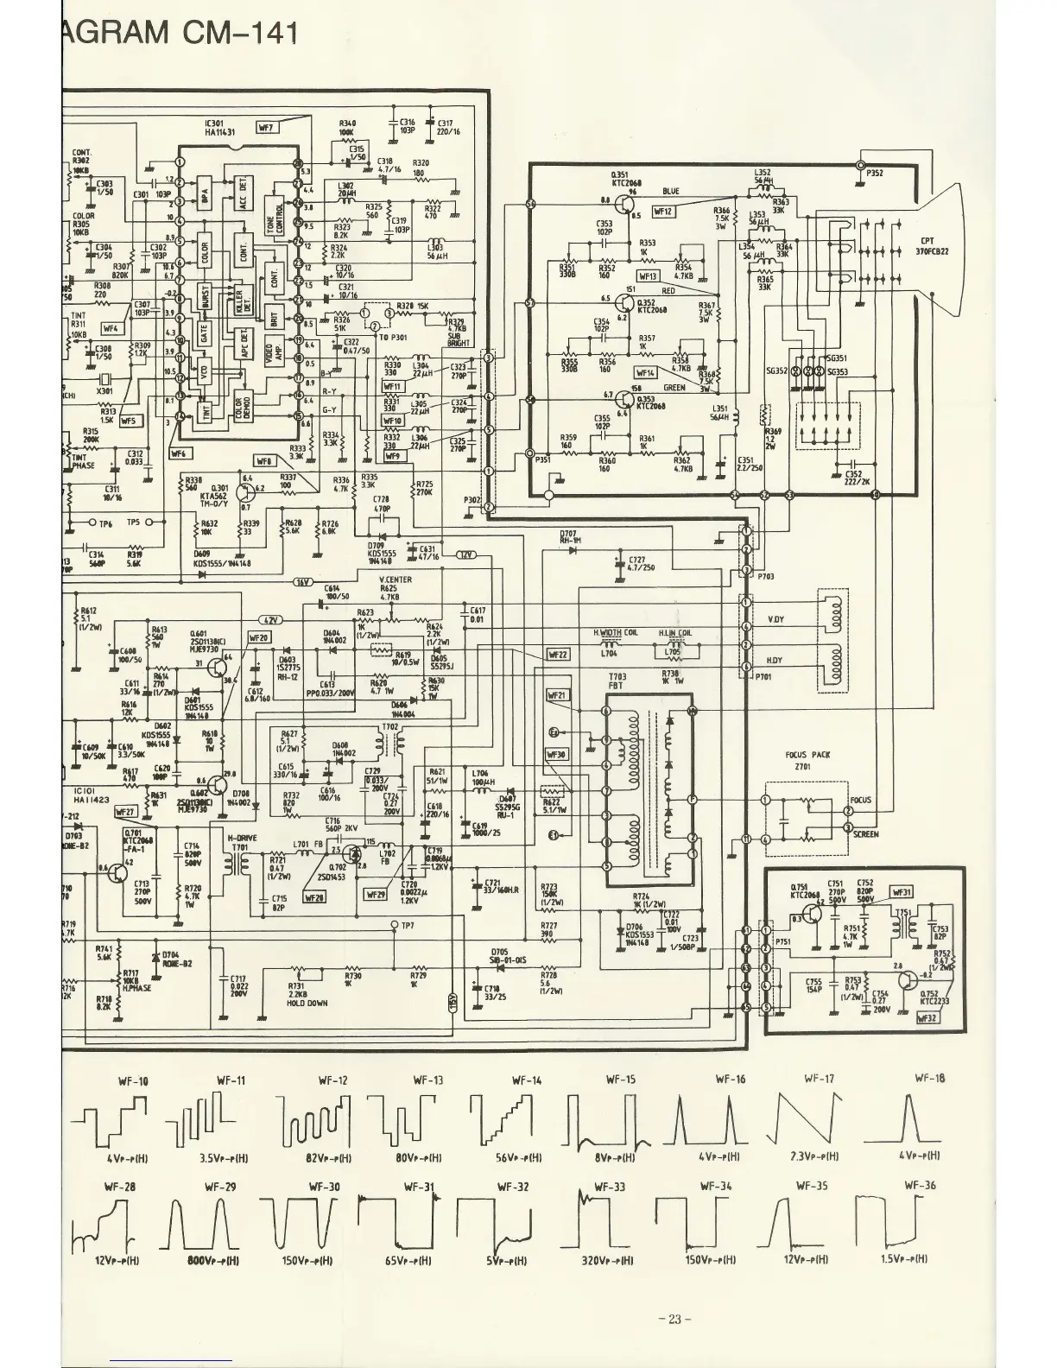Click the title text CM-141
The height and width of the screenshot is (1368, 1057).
pyautogui.click(x=241, y=33)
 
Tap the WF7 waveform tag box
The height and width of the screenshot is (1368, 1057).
pyautogui.click(x=266, y=128)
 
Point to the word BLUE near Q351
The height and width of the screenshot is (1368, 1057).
pyautogui.click(x=671, y=191)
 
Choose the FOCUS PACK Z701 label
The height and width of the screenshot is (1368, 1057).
pyautogui.click(x=807, y=760)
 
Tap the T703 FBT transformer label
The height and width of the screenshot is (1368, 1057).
pyautogui.click(x=617, y=681)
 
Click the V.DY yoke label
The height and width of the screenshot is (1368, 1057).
pyautogui.click(x=775, y=620)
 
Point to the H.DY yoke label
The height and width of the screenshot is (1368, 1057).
pyautogui.click(x=775, y=661)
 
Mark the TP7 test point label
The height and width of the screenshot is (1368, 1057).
pyautogui.click(x=408, y=926)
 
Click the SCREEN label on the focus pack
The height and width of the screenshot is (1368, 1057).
pyautogui.click(x=865, y=834)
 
